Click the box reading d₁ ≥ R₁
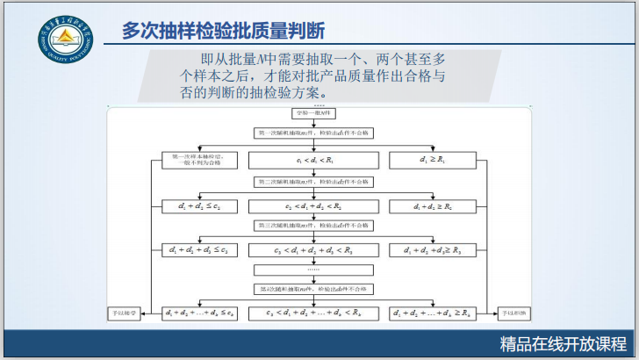pos(431,161)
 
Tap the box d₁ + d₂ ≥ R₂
pos(431,205)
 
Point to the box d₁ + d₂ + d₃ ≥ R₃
pos(431,250)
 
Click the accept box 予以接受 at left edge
pos(123,313)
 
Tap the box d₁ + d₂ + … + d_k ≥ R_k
pos(431,313)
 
